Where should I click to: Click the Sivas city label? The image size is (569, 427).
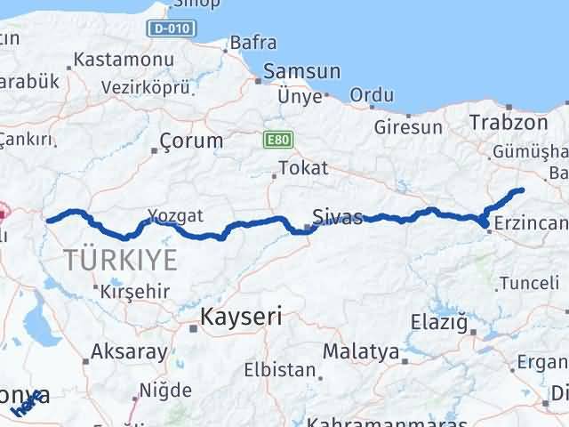click(x=337, y=216)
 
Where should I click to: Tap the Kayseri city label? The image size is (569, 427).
click(x=241, y=316)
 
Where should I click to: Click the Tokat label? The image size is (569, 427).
click(x=303, y=167)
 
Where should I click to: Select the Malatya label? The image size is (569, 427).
click(x=361, y=351)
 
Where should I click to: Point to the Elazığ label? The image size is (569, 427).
click(x=439, y=322)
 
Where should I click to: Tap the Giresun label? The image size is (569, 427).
click(x=408, y=127)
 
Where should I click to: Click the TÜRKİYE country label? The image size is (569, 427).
click(x=120, y=260)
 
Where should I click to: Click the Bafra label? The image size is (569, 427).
click(x=252, y=42)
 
